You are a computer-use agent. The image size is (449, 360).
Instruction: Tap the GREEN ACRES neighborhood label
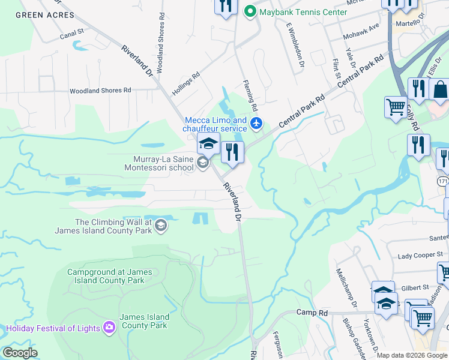click(x=41, y=15)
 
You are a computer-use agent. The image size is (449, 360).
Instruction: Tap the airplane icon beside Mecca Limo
click(x=257, y=124)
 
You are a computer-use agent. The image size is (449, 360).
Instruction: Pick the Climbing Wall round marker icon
click(x=160, y=226)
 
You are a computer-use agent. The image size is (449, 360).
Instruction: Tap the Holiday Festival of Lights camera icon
click(x=109, y=328)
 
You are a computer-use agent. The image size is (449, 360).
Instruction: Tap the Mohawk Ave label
click(x=361, y=32)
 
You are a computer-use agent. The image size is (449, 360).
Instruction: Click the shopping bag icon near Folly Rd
click(x=440, y=90)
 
